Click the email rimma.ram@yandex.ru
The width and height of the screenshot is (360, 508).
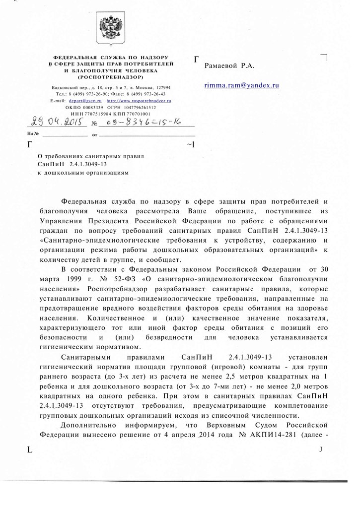(x=242, y=85)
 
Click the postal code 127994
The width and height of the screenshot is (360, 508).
(x=160, y=87)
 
